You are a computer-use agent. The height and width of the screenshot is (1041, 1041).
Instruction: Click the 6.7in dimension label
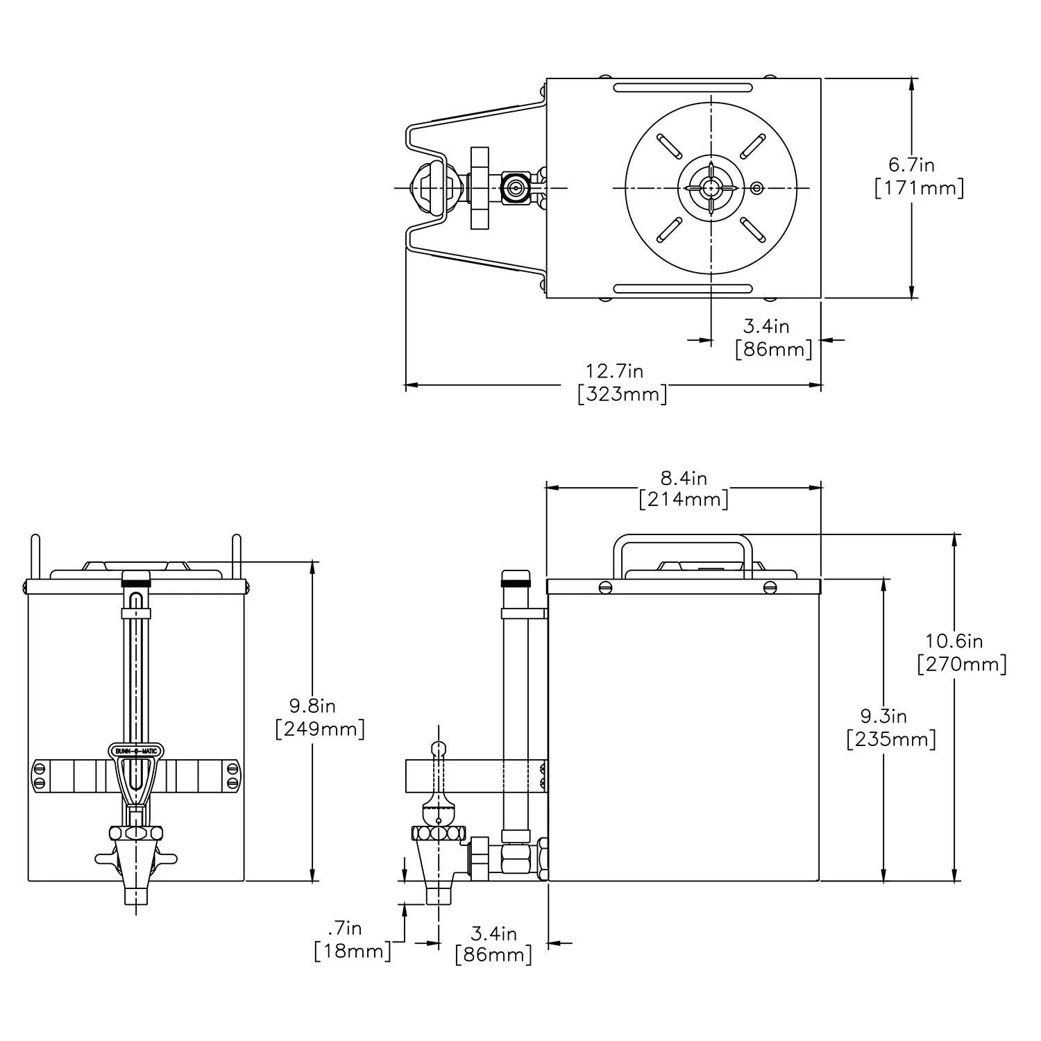(912, 164)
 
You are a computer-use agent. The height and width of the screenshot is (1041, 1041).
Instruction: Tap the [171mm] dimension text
(919, 188)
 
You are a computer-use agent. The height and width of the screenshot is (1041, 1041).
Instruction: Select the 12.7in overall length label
(615, 371)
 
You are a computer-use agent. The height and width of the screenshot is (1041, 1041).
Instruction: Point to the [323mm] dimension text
(623, 394)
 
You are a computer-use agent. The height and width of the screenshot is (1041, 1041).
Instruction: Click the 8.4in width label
(684, 477)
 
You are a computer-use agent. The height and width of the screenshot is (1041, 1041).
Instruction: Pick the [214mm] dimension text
(684, 500)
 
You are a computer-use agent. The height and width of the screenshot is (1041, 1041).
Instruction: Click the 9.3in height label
(883, 716)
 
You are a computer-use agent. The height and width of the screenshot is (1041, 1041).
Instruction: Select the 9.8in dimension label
(312, 706)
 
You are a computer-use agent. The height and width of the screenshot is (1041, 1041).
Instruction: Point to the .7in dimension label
(344, 927)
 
